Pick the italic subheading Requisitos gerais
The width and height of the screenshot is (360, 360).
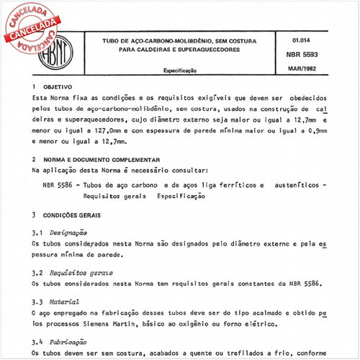pyautogui.click(x=82, y=274)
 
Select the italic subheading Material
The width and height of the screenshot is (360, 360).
pyautogui.click(x=65, y=302)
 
